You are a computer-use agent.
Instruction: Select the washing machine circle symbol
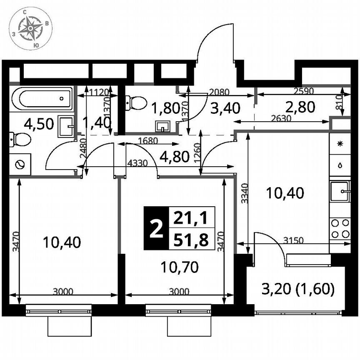tap(19, 165)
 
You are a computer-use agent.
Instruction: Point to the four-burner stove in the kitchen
tap(340, 229)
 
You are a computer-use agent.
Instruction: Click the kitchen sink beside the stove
tap(340, 192)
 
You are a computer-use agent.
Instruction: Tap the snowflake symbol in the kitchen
tap(340, 144)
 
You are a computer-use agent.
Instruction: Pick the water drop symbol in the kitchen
tap(340, 165)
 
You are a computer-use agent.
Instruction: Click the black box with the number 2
tap(156, 228)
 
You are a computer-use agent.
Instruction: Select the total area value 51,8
tap(191, 239)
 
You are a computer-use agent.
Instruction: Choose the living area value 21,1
tap(191, 217)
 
